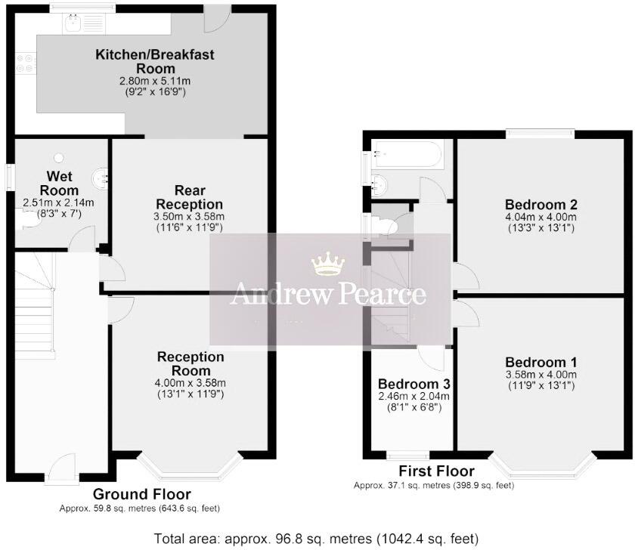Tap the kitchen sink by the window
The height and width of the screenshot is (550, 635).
74,26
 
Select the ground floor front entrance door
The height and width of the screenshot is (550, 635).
61,471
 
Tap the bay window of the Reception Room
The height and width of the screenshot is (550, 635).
190,468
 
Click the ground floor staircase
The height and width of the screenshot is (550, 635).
34,310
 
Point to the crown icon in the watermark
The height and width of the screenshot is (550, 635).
328,265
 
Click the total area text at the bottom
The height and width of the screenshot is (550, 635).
317,539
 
